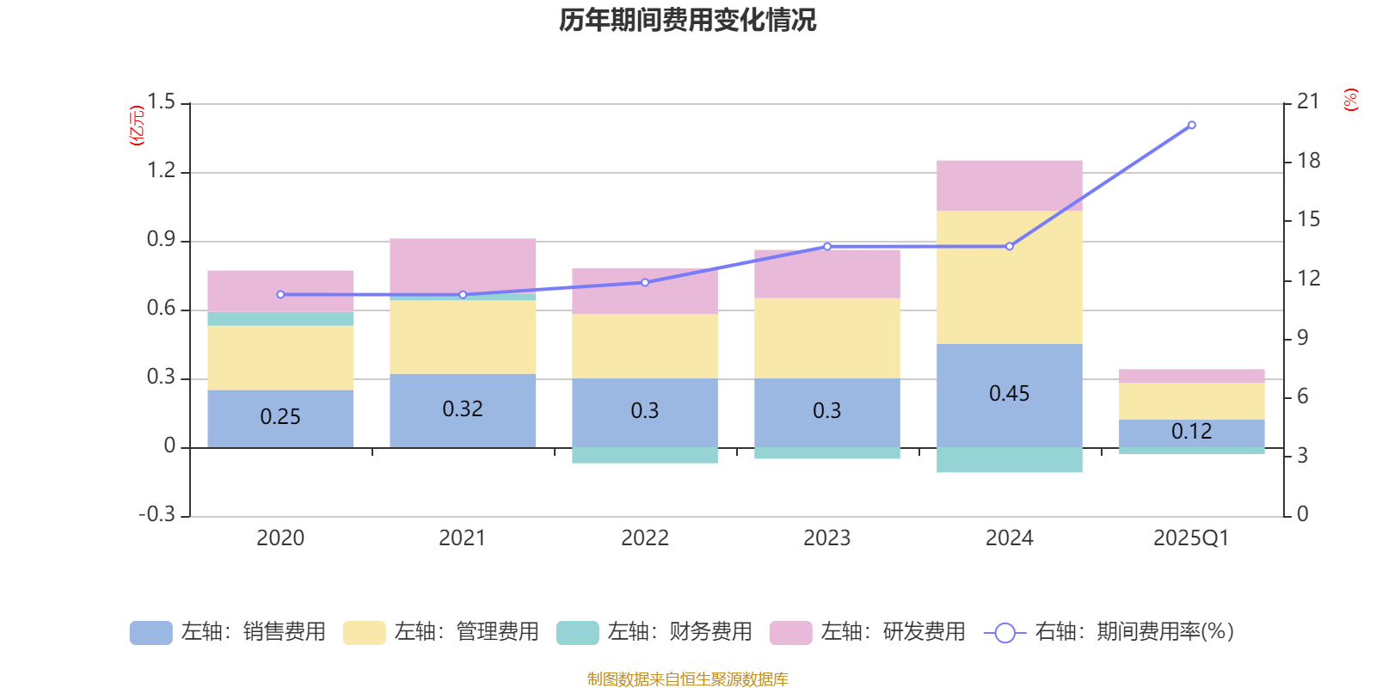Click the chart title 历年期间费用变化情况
(x=687, y=20)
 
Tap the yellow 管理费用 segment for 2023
(x=826, y=338)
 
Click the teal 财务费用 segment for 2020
(x=280, y=319)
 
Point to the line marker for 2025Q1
(x=1191, y=126)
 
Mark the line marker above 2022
(x=645, y=282)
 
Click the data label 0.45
(x=1009, y=394)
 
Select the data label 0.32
(x=462, y=409)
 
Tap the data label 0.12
(x=1191, y=432)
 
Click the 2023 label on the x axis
(x=826, y=538)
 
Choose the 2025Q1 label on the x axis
(x=1191, y=538)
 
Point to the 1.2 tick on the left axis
(x=161, y=171)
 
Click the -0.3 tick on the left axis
(x=157, y=514)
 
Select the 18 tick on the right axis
(x=1308, y=161)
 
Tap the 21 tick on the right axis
(x=1307, y=102)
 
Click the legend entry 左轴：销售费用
(x=228, y=632)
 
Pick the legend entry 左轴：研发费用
(x=868, y=632)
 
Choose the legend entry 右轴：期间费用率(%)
(x=1109, y=632)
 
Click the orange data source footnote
(x=687, y=679)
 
